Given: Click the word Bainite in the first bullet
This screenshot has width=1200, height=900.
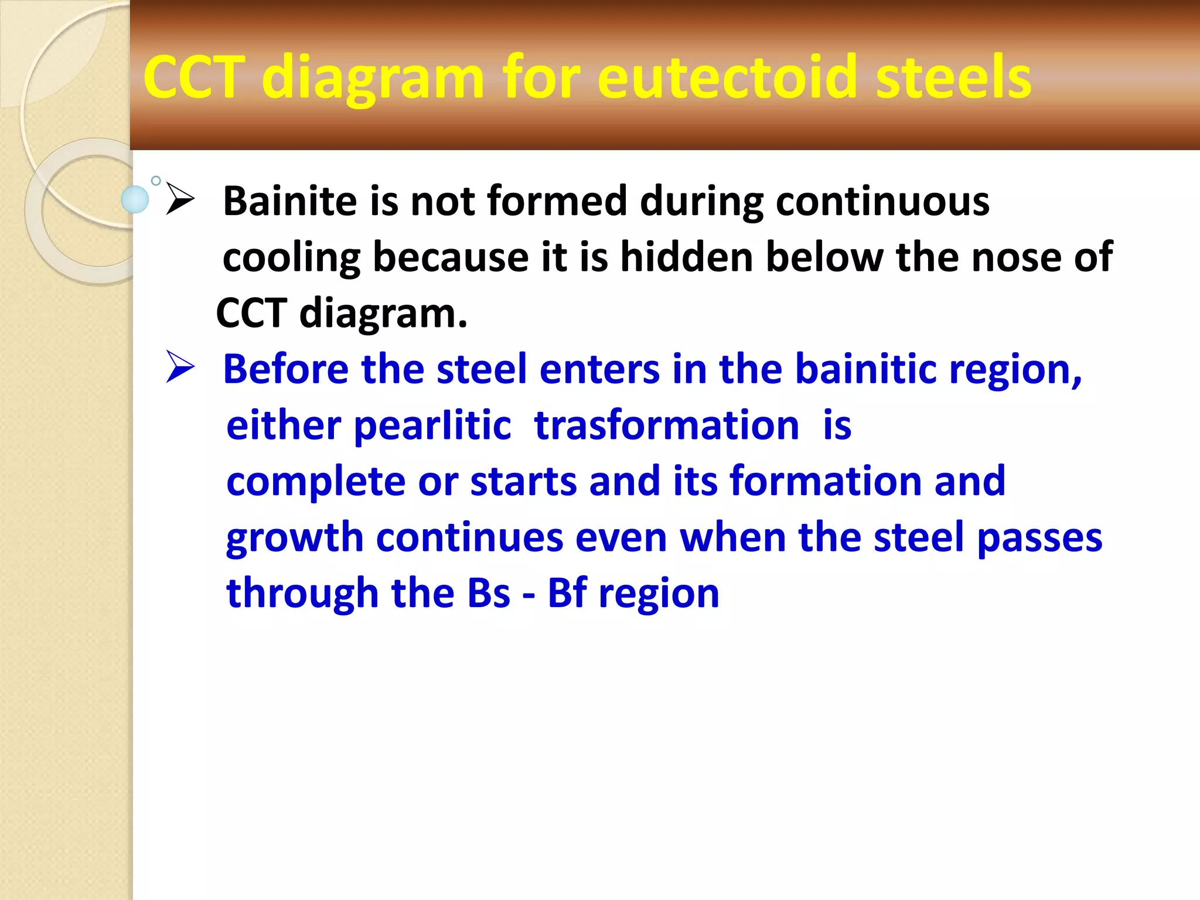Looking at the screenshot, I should (289, 201).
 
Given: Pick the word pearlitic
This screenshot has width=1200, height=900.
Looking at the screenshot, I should (433, 426).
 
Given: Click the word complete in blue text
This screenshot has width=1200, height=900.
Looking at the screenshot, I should (315, 482).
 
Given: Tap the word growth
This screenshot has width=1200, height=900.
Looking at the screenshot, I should (294, 538).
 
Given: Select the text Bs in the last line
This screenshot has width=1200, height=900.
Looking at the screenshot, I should (488, 593).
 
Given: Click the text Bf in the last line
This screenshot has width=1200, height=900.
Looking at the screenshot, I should (567, 593).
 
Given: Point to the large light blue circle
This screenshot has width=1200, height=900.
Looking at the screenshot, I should (135, 199).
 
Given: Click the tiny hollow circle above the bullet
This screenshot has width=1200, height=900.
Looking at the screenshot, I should (156, 180).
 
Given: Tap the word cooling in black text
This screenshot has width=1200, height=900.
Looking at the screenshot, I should (291, 258).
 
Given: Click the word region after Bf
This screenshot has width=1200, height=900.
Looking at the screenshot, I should (659, 594).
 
